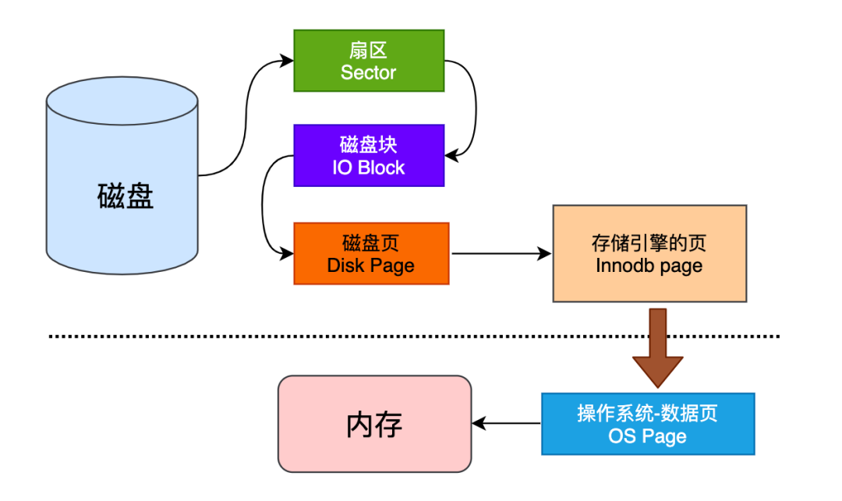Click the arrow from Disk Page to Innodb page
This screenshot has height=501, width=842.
tap(499, 253)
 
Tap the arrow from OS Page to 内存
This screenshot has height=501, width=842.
tap(507, 424)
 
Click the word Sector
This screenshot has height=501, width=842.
tap(369, 73)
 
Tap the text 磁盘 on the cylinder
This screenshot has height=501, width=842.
tap(126, 196)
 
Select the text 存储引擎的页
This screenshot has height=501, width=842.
tap(649, 243)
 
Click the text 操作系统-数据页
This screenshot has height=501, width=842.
tap(647, 413)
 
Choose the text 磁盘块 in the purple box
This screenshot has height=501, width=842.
tap(369, 145)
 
